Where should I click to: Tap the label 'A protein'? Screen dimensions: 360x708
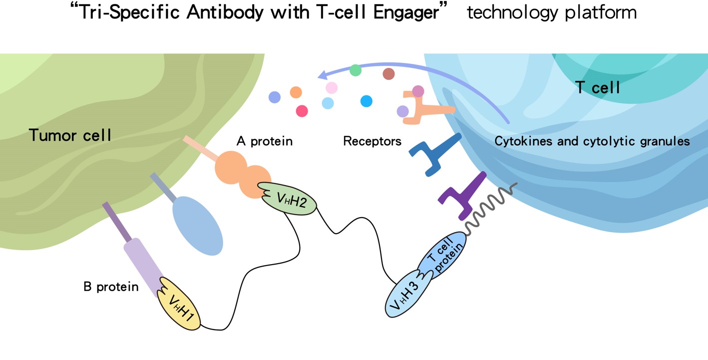pyautogui.click(x=264, y=141)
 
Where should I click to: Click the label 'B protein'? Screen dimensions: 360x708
pyautogui.click(x=111, y=287)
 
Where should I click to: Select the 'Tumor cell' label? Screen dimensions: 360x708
pyautogui.click(x=70, y=135)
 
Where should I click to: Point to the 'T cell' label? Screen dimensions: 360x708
pyautogui.click(x=598, y=88)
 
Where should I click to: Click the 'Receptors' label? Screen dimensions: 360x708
pyautogui.click(x=372, y=141)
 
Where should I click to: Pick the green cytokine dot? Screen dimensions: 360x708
pyautogui.click(x=355, y=70)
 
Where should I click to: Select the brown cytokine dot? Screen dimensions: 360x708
pyautogui.click(x=388, y=74)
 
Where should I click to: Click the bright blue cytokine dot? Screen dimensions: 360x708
pyautogui.click(x=366, y=101)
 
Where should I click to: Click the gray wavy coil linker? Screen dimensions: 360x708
pyautogui.click(x=492, y=205)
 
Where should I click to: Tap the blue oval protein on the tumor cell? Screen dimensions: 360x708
pyautogui.click(x=197, y=224)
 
